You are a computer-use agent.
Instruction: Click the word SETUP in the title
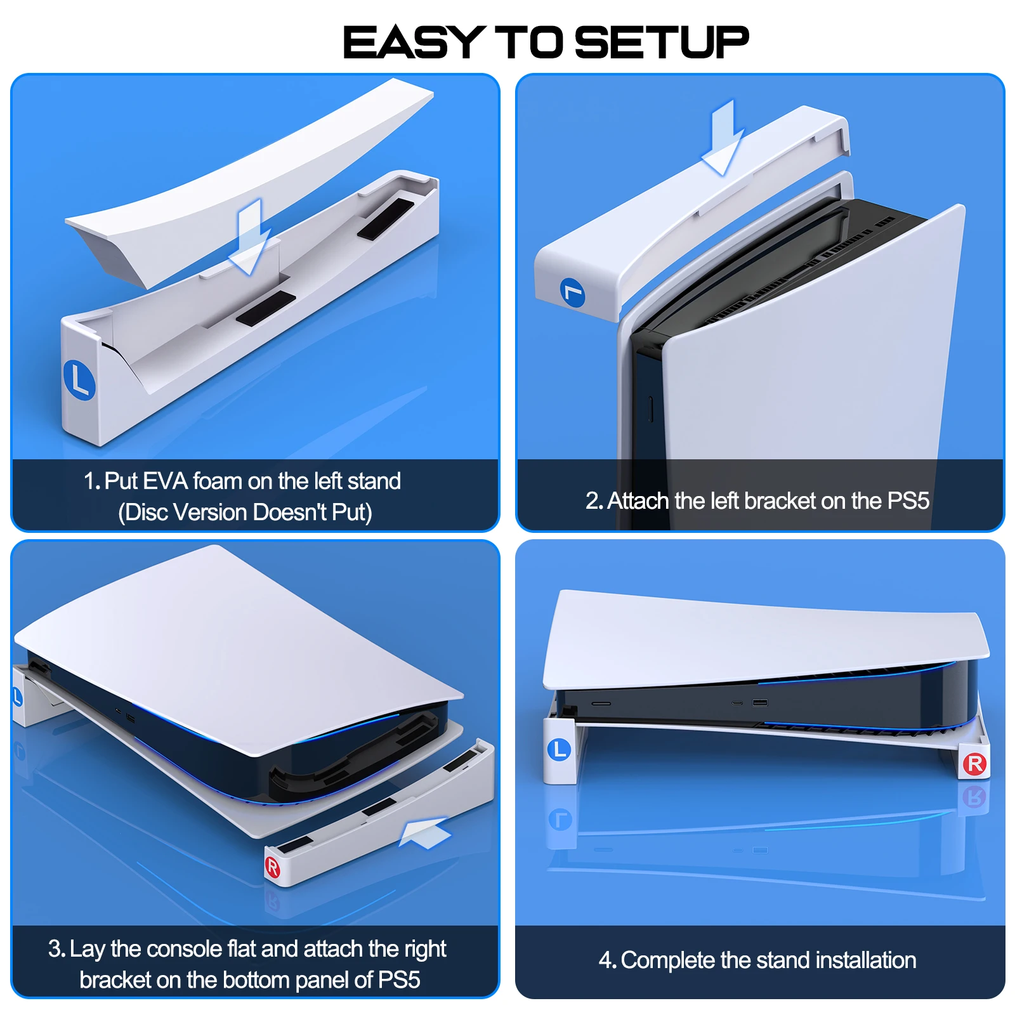pos(662,43)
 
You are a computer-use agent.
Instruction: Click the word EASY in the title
pos(414,43)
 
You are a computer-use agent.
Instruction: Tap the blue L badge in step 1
pos(79,380)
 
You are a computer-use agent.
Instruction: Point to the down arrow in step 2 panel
pos(723,138)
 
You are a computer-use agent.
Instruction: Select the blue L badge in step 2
pos(573,292)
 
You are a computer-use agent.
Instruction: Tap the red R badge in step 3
pos(272,867)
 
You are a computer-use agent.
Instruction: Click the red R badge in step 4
pos(975,764)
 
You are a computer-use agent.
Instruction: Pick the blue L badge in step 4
pos(559,750)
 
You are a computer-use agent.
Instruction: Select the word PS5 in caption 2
pos(908,501)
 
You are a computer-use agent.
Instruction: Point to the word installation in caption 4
pos(866,960)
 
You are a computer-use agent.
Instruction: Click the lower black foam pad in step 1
pos(265,309)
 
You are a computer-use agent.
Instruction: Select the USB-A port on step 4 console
pos(760,703)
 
